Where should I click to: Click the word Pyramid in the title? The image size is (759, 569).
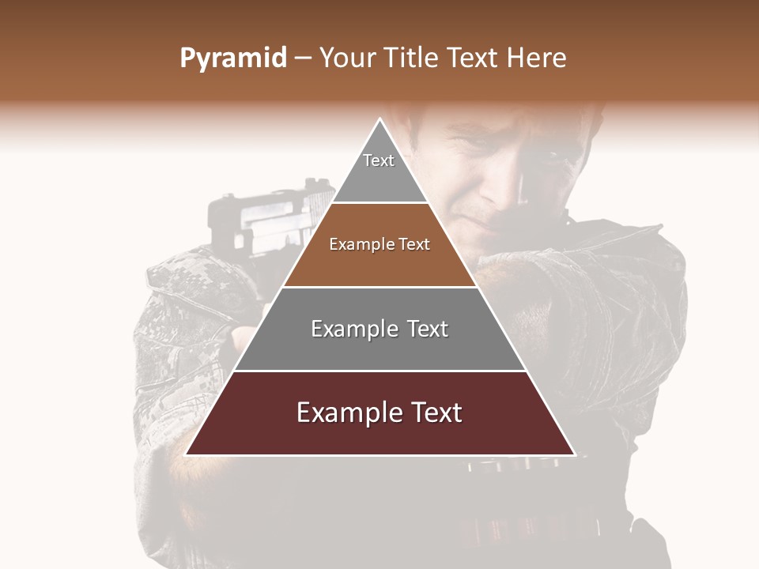232,58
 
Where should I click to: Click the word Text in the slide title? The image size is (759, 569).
475,58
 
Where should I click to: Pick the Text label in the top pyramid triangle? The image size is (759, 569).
379,160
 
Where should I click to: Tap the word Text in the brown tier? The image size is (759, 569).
415,244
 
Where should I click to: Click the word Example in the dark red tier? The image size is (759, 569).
345,413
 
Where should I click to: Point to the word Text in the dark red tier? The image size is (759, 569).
436,413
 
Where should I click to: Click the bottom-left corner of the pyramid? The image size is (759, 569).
186,454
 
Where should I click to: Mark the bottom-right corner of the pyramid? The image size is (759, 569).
574,454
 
